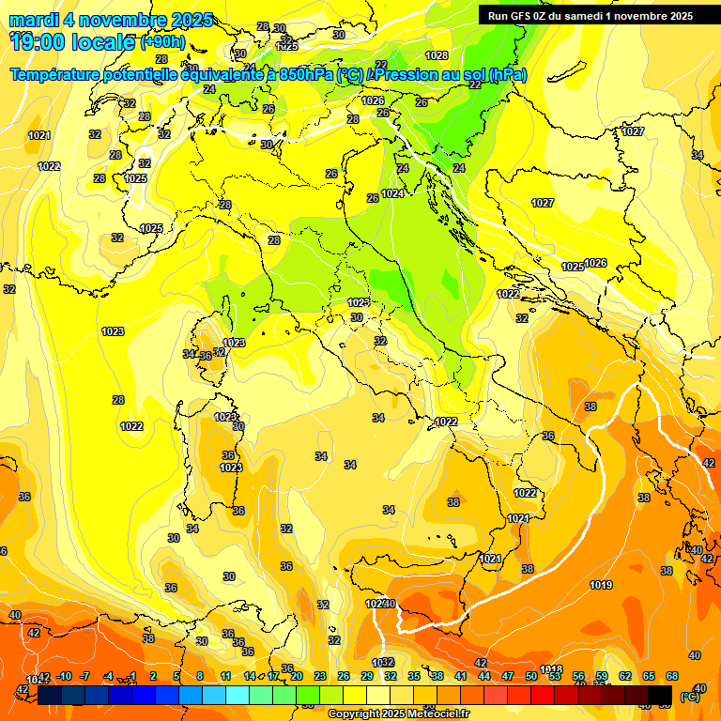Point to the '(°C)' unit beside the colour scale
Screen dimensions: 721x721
688,697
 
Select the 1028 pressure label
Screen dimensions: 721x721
437,56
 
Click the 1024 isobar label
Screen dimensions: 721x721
392,193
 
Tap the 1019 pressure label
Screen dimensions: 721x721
602,586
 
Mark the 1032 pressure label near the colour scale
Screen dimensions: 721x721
383,663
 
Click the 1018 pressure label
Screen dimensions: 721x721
551,669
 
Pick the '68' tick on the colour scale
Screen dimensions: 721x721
672,676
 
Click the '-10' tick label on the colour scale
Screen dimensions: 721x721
64,676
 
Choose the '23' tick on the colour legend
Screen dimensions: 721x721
319,676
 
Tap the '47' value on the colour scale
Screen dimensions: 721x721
508,676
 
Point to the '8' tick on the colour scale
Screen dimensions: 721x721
200,676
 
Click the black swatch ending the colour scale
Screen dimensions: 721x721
661,696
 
